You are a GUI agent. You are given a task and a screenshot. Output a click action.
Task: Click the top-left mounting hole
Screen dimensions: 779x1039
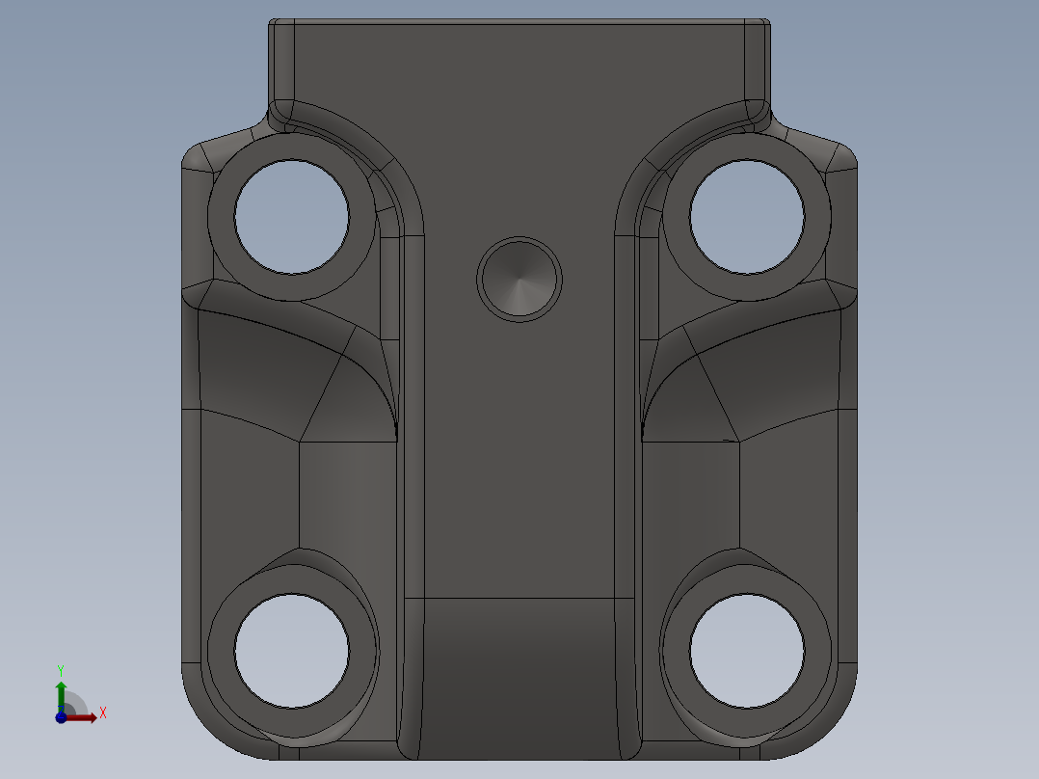[292, 217]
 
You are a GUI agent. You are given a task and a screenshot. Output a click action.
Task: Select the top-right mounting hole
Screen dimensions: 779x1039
[747, 217]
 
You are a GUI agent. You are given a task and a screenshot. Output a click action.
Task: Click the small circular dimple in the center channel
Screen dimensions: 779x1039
[519, 278]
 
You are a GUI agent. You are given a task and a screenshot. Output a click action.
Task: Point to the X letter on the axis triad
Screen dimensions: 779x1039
[102, 713]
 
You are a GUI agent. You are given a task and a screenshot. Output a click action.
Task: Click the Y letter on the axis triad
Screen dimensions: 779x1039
[61, 669]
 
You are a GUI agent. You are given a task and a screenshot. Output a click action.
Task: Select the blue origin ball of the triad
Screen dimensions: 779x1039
[61, 717]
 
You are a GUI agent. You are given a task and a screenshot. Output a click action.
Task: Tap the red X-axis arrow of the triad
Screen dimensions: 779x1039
[85, 717]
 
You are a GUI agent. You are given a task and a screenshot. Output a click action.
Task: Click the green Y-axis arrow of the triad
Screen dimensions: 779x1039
[61, 692]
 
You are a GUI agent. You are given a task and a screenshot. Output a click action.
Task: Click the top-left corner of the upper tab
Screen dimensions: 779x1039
[274, 24]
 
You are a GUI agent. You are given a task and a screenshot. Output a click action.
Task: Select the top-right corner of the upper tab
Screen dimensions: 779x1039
[765, 24]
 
